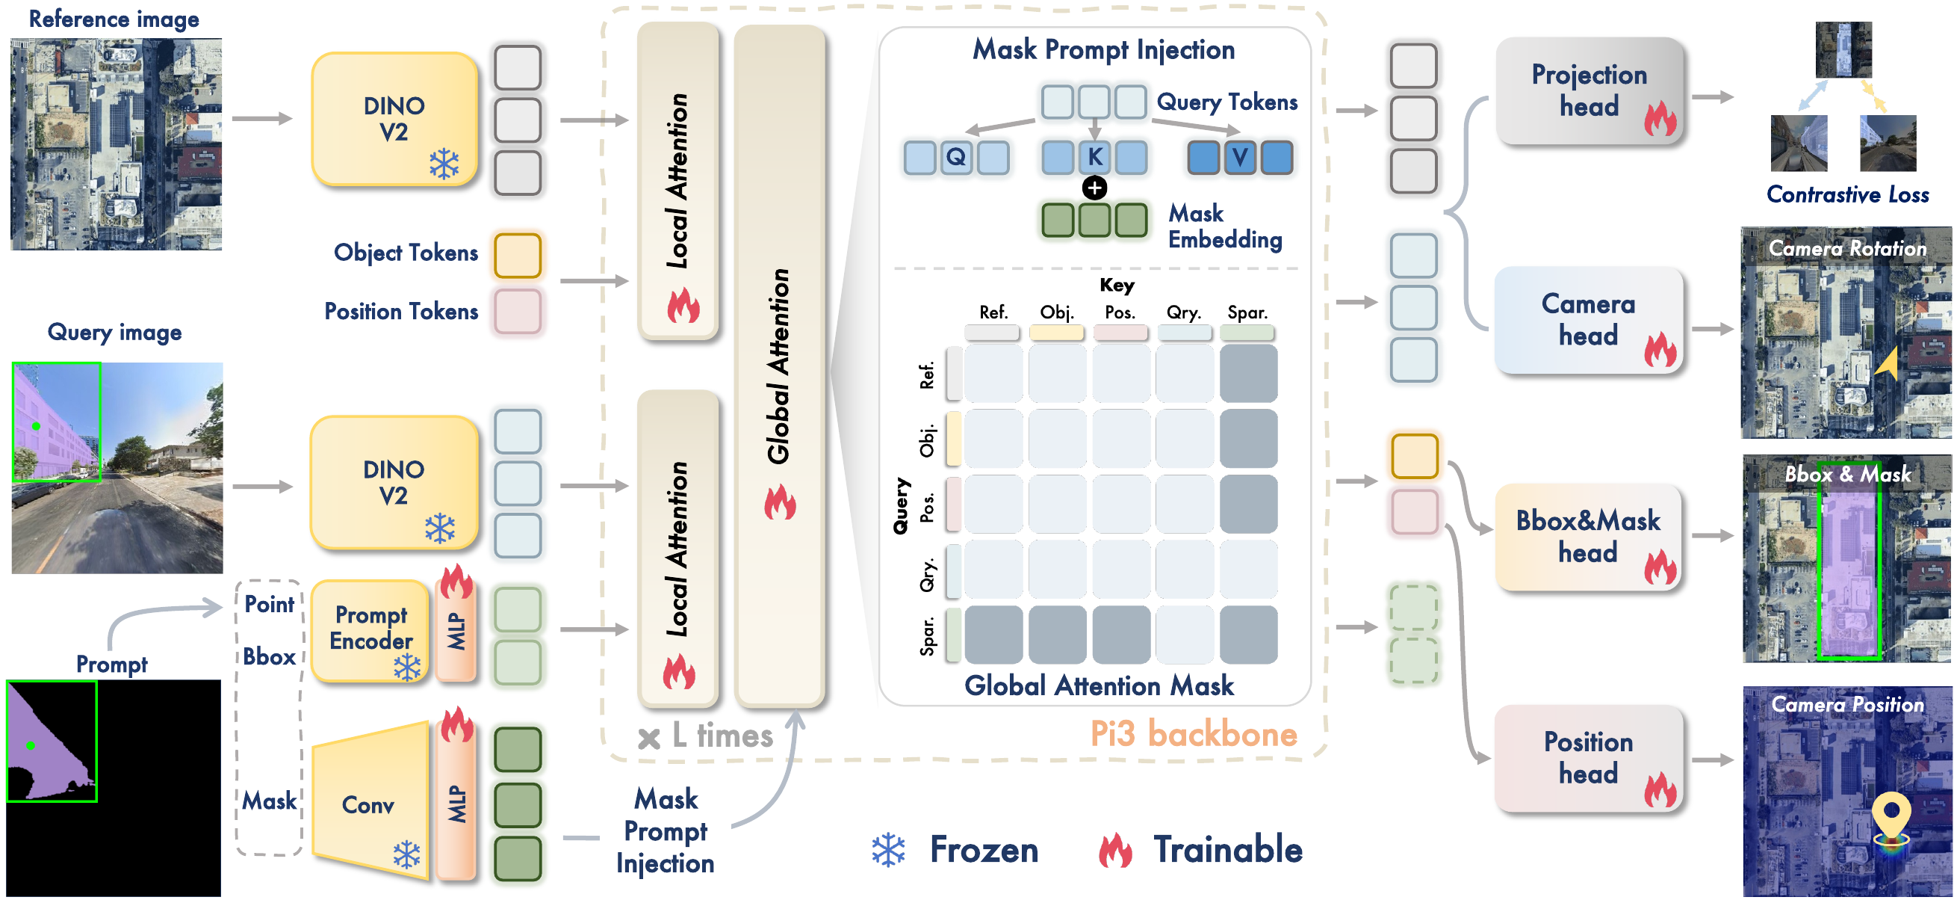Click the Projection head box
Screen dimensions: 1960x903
pos(1590,90)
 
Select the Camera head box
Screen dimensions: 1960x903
pos(1589,320)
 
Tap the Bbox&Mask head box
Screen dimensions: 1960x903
pos(1588,537)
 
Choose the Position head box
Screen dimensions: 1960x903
pos(1589,757)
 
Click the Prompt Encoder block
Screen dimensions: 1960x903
pos(370,629)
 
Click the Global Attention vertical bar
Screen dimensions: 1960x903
pos(779,366)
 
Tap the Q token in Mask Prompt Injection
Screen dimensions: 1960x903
pos(955,158)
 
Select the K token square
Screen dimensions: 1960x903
pos(1094,158)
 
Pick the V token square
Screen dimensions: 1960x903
pos(1240,158)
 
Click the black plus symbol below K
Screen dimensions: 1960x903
pos(1094,188)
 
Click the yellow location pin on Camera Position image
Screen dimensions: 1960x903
pos(1891,818)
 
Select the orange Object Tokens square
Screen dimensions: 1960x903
pos(518,255)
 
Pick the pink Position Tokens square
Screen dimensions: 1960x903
pos(518,312)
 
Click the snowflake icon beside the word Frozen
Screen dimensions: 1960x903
pos(888,851)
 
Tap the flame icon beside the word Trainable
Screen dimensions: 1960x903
pos(1114,850)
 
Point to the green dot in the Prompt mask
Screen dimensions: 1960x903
pos(31,745)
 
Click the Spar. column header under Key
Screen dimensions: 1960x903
pos(1247,312)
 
